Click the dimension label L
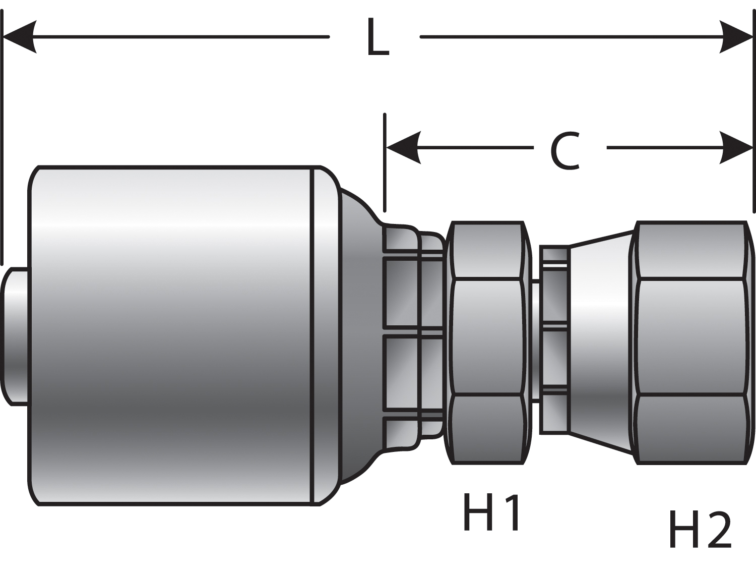pyautogui.click(x=377, y=37)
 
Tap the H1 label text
pyautogui.click(x=491, y=513)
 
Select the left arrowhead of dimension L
pyautogui.click(x=20, y=37)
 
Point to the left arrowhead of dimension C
pyautogui.click(x=403, y=147)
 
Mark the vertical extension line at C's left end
pyautogui.click(x=385, y=161)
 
